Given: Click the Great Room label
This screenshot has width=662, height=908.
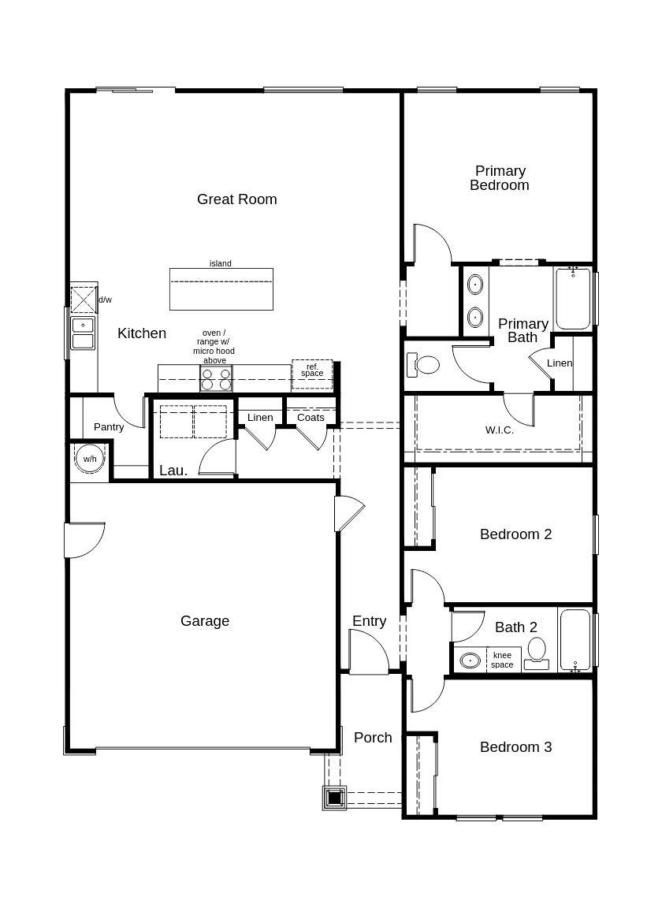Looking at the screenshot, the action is point(237,199).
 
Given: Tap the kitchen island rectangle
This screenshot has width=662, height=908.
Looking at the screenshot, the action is point(221,289).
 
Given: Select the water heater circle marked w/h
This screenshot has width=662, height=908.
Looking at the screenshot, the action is point(90,459).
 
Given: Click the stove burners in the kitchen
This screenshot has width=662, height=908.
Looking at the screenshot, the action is point(216,378).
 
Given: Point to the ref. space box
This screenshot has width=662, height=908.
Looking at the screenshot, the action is point(312,374).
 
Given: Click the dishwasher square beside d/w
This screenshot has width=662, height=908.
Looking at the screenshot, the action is point(84,300).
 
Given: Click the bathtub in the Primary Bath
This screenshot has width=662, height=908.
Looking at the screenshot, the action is point(574,298).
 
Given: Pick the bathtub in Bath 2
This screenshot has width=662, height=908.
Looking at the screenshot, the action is point(575,640).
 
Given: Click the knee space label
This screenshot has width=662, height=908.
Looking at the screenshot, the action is point(502,661).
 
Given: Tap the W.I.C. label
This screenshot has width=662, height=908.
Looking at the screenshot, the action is point(499,430).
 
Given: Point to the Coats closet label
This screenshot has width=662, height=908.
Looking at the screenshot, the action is point(311,418).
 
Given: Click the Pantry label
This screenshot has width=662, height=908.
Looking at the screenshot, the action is point(109,426).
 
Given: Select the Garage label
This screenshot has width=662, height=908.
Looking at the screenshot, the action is point(205,621).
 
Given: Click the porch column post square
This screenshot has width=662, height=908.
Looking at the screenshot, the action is point(335,798).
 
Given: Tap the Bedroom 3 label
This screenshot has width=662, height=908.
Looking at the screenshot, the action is point(516,747).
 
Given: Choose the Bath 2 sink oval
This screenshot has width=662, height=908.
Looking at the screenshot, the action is point(470,661).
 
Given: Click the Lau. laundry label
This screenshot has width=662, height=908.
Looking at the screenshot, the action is point(173,471).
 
